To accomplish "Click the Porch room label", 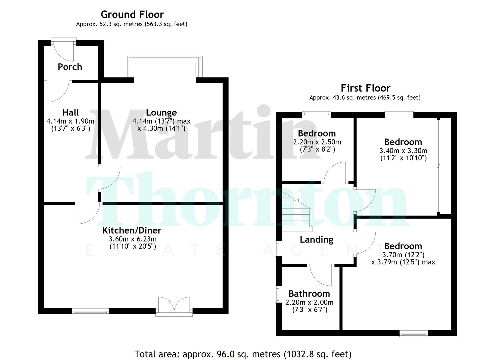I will coord(70,67).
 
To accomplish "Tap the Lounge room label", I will coord(161,113).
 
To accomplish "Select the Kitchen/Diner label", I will coord(132,230).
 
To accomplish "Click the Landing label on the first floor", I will coord(316,239).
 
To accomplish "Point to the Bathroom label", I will coord(309,294).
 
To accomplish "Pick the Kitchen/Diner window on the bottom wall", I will coord(90,312).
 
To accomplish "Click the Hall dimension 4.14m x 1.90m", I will coord(70,121).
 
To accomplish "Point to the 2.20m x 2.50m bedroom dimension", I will coord(317,142).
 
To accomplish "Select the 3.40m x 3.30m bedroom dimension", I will coord(403,151).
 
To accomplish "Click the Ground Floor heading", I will coord(132,15).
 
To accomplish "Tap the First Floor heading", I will coord(365,88).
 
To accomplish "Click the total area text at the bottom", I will coord(243,354).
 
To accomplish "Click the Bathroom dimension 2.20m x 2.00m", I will coord(309,302).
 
